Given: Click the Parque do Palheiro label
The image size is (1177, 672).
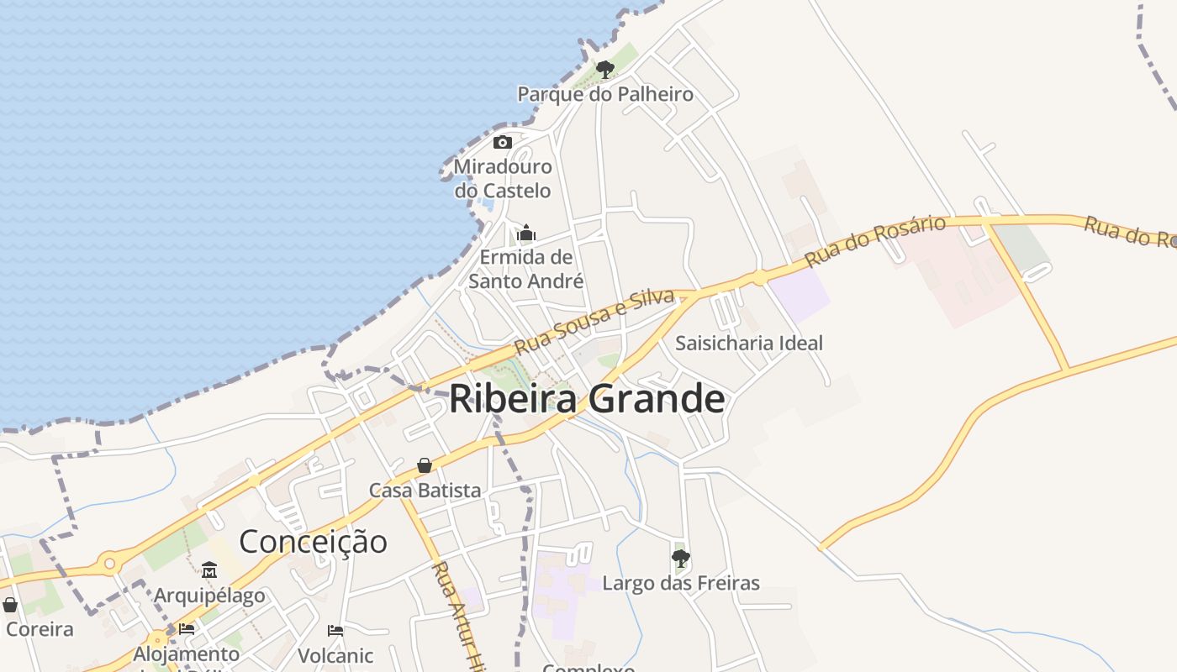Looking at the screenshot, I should (x=605, y=94).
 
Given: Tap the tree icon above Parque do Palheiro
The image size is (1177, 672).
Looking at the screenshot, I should (x=604, y=69).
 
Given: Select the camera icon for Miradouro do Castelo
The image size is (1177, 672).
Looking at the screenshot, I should (x=503, y=142).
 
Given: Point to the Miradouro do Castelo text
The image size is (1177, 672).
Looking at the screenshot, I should (x=503, y=178).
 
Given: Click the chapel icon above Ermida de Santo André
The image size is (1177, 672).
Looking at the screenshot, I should (x=526, y=233).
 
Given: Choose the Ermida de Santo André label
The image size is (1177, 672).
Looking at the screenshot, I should (x=526, y=269).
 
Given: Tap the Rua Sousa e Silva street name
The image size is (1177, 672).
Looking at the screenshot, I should (x=594, y=321).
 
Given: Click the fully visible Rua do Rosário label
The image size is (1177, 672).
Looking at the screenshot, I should (x=875, y=241).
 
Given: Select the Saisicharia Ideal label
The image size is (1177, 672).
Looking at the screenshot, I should (x=749, y=343).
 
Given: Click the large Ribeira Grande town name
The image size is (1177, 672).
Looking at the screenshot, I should (x=587, y=398).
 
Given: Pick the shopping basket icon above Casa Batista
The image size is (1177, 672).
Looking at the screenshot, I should (x=425, y=465).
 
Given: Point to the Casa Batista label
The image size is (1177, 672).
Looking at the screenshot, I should (x=425, y=490).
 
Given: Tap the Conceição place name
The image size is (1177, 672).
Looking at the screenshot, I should (x=314, y=541).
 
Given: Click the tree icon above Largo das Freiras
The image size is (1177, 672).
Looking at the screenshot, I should (x=681, y=558).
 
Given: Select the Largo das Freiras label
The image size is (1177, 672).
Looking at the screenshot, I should (x=681, y=583).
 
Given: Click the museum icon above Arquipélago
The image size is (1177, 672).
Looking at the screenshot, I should (x=209, y=571).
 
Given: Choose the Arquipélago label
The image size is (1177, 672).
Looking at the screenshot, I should (x=209, y=596).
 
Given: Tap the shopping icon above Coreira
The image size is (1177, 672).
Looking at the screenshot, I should (x=10, y=605).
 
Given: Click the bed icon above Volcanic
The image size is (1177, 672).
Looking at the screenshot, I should (x=335, y=630).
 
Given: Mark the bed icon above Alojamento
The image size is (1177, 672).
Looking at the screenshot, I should (x=187, y=628).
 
